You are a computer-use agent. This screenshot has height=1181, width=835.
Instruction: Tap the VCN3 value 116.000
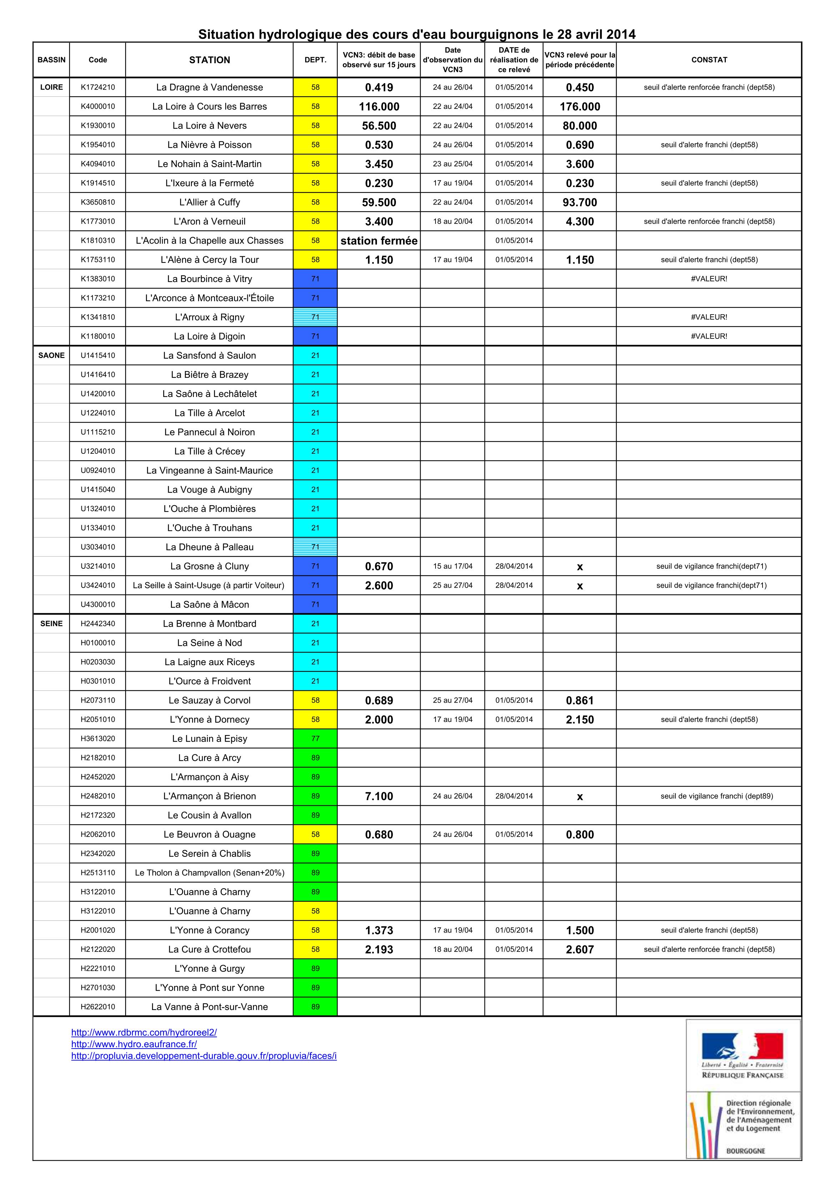pos(379,106)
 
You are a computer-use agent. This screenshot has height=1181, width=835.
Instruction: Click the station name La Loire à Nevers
pos(210,126)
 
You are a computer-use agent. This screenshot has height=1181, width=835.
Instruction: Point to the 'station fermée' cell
pos(379,241)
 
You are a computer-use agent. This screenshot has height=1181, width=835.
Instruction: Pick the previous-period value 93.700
pos(579,202)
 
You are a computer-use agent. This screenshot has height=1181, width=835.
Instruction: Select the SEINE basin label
pos(51,623)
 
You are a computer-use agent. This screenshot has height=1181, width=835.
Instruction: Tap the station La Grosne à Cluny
pos(210,566)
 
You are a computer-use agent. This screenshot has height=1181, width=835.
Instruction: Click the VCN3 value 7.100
pos(379,796)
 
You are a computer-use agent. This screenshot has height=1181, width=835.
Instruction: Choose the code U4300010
pos(98,604)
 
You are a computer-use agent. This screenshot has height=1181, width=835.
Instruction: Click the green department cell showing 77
pos(315,739)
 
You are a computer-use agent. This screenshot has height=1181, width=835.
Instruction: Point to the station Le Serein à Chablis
pos(210,853)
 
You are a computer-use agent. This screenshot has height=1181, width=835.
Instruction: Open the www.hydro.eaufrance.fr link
pos(134,1044)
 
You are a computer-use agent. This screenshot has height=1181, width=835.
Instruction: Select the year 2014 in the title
pos(621,35)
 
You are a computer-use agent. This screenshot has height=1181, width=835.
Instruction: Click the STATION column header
pos(210,60)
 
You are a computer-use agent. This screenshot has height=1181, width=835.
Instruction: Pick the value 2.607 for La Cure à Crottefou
pos(579,950)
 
